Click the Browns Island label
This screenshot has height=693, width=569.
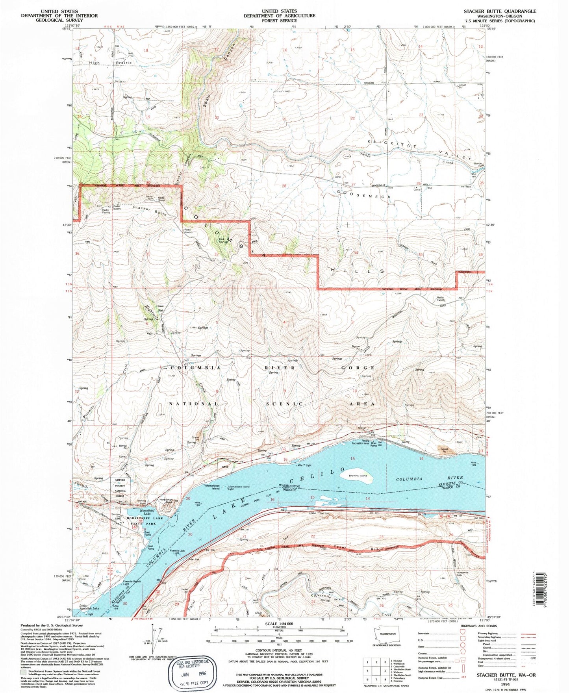358,476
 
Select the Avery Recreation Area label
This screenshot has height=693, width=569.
360,443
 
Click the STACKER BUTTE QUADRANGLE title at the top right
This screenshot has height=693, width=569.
500,11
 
